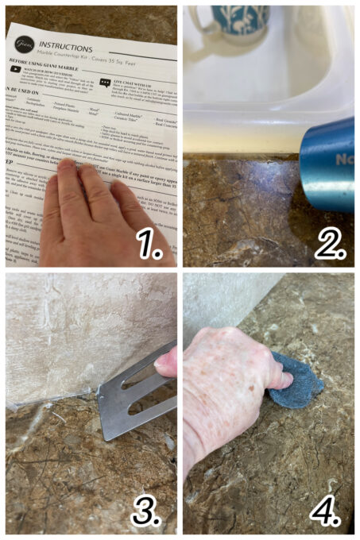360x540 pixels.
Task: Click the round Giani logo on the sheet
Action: coord(24,42)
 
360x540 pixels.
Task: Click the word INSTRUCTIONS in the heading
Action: coord(66,46)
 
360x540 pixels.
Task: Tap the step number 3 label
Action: coord(149,512)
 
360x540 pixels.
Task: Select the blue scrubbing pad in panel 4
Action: coord(297,386)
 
